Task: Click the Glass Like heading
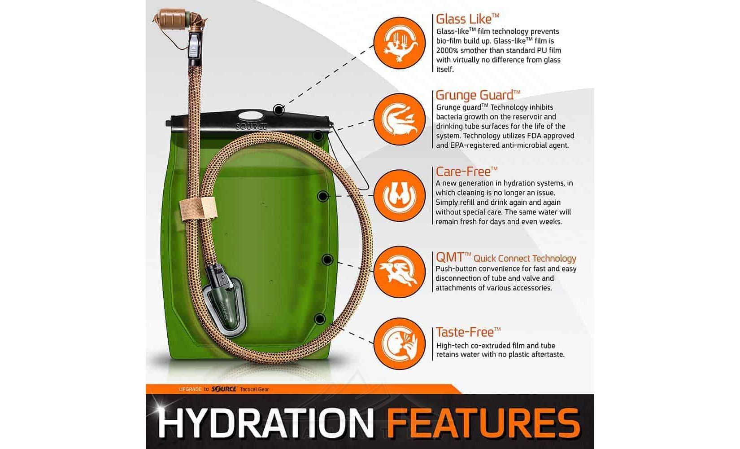pyautogui.click(x=467, y=19)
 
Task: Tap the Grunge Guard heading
pyautogui.click(x=478, y=95)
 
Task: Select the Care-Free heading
pyautogui.click(x=466, y=172)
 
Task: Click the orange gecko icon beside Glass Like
pyautogui.click(x=400, y=43)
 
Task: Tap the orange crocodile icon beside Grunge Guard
pyautogui.click(x=400, y=119)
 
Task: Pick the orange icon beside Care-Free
pyautogui.click(x=400, y=196)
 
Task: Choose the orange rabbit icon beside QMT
pyautogui.click(x=400, y=272)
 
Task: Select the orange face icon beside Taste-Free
pyautogui.click(x=400, y=344)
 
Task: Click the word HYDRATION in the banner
pyautogui.click(x=266, y=423)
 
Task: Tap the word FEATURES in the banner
pyautogui.click(x=483, y=423)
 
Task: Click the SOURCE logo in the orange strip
pyautogui.click(x=224, y=389)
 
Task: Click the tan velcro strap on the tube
pyautogui.click(x=198, y=209)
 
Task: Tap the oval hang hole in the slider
pyautogui.click(x=251, y=116)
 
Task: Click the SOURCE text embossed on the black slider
pyautogui.click(x=252, y=127)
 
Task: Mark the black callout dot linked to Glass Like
pyautogui.click(x=279, y=110)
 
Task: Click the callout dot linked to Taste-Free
pyautogui.click(x=320, y=319)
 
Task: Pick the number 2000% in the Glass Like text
pyautogui.click(x=447, y=51)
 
